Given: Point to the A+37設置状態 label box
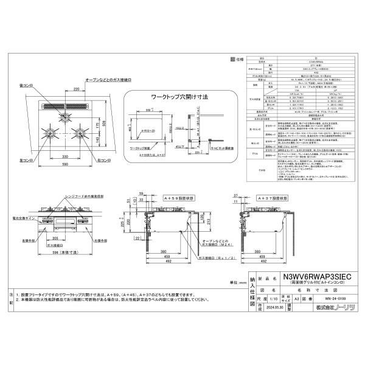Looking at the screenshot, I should [x=271, y=196].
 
